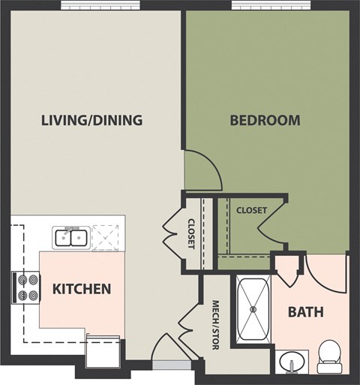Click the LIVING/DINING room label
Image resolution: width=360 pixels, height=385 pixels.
pos(92,120)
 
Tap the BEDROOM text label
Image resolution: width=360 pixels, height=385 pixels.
pos(265,120)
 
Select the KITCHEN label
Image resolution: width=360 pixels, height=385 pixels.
pos(82,288)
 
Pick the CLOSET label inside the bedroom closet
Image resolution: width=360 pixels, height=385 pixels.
pos(250,211)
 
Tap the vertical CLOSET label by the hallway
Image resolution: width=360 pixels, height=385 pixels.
pos(191,233)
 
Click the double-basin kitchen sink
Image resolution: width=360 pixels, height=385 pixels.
pos(72,239)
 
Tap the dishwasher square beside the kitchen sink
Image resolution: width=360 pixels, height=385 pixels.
pos(108,237)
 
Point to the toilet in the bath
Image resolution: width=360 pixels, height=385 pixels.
pos(328,356)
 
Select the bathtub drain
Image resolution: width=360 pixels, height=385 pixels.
pos(253,308)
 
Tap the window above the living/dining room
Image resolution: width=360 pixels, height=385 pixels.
pos(91,5)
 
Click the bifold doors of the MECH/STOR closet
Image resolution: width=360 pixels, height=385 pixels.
pos(186,321)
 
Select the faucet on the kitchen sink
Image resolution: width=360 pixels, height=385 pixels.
pos(72,228)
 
